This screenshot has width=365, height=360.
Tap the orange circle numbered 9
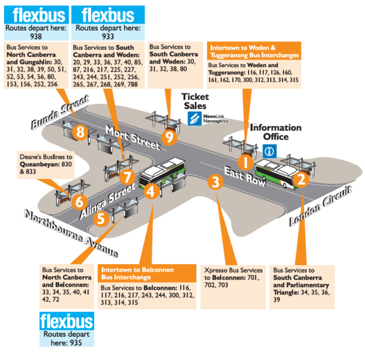click(170, 137)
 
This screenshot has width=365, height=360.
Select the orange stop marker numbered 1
click(245, 161)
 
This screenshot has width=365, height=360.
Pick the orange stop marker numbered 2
click(301, 178)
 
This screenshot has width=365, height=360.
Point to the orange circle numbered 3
click(213, 181)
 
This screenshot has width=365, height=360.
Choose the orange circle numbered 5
click(102, 217)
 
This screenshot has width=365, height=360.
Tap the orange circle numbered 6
click(80, 201)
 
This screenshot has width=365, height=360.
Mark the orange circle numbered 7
click(126, 177)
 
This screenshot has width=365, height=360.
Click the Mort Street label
click(133, 138)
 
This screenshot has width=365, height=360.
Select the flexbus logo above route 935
click(67, 320)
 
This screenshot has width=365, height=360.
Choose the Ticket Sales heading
click(197, 100)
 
